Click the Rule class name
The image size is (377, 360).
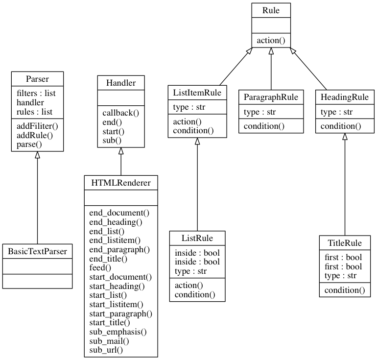pyautogui.click(x=271, y=10)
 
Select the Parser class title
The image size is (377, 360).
pyautogui.click(x=37, y=79)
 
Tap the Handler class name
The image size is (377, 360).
pyautogui.click(x=121, y=83)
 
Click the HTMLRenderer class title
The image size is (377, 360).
pyautogui.click(x=121, y=183)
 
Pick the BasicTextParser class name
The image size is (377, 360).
pyautogui.click(x=37, y=251)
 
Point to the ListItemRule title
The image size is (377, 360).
pyautogui.click(x=197, y=93)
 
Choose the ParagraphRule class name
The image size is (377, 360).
pyautogui.click(x=271, y=97)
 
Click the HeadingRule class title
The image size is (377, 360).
pyautogui.click(x=345, y=97)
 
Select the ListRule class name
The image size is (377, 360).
pyautogui.click(x=197, y=239)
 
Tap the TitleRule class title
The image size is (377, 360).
pyautogui.click(x=345, y=243)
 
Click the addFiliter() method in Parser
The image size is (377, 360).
pyautogui.click(x=37, y=126)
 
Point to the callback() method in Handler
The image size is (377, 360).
pyautogui.click(x=121, y=113)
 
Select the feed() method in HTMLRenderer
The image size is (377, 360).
pyautogui.click(x=100, y=267)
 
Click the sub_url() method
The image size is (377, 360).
pyautogui.click(x=106, y=350)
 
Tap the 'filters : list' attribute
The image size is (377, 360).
pyautogui.click(x=36, y=94)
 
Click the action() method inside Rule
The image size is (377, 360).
pyautogui.click(x=271, y=40)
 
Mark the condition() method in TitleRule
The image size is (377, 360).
pyautogui.click(x=345, y=290)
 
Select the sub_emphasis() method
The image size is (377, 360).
pyautogui.click(x=118, y=332)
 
